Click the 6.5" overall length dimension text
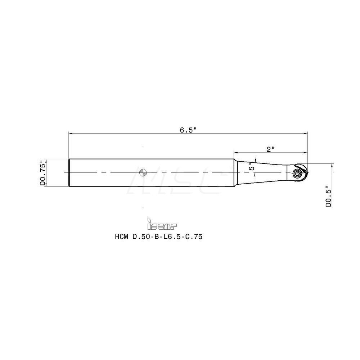[x=188, y=130]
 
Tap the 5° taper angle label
[x=252, y=166]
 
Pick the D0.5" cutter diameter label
[x=328, y=197]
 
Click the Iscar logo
[x=162, y=225]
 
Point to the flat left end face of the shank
[x=69, y=173]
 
